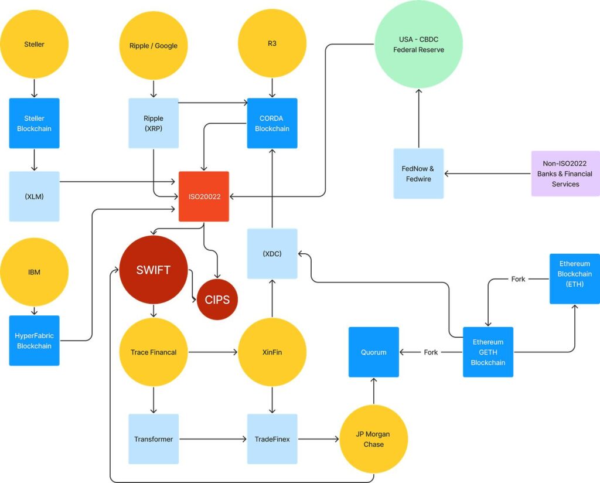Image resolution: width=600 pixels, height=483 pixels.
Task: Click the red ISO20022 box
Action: coord(204,196)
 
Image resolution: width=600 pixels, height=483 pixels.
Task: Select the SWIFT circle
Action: coord(154,270)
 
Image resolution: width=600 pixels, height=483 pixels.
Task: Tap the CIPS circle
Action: coord(217,300)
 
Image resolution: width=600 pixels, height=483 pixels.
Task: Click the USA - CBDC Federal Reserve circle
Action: coord(418,45)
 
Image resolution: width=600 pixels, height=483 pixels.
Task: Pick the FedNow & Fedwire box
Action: coord(418,174)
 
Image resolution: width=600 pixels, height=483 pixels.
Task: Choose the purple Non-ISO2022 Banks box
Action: coord(565,174)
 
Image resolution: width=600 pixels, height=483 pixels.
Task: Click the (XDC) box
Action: coord(272,254)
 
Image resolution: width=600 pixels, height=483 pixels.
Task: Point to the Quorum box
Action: coord(374,352)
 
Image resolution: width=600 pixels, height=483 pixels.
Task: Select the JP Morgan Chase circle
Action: coord(374,439)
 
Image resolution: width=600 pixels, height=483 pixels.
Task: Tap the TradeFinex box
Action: coord(272,439)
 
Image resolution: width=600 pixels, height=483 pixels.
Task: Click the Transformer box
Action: coord(154,439)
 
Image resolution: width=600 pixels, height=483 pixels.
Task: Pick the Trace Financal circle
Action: coord(154,352)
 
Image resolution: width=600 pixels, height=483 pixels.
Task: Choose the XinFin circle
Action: coord(272,352)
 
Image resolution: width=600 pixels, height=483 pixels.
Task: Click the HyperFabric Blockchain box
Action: coord(35,341)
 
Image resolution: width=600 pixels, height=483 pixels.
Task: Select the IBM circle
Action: coord(35,272)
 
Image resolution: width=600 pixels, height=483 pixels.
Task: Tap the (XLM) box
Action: coord(35,196)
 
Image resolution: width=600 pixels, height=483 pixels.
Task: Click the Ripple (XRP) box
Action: coord(154,123)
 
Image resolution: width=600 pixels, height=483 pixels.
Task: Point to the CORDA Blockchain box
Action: coord(272,123)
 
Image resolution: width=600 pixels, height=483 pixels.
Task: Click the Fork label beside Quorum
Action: coord(431,352)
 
